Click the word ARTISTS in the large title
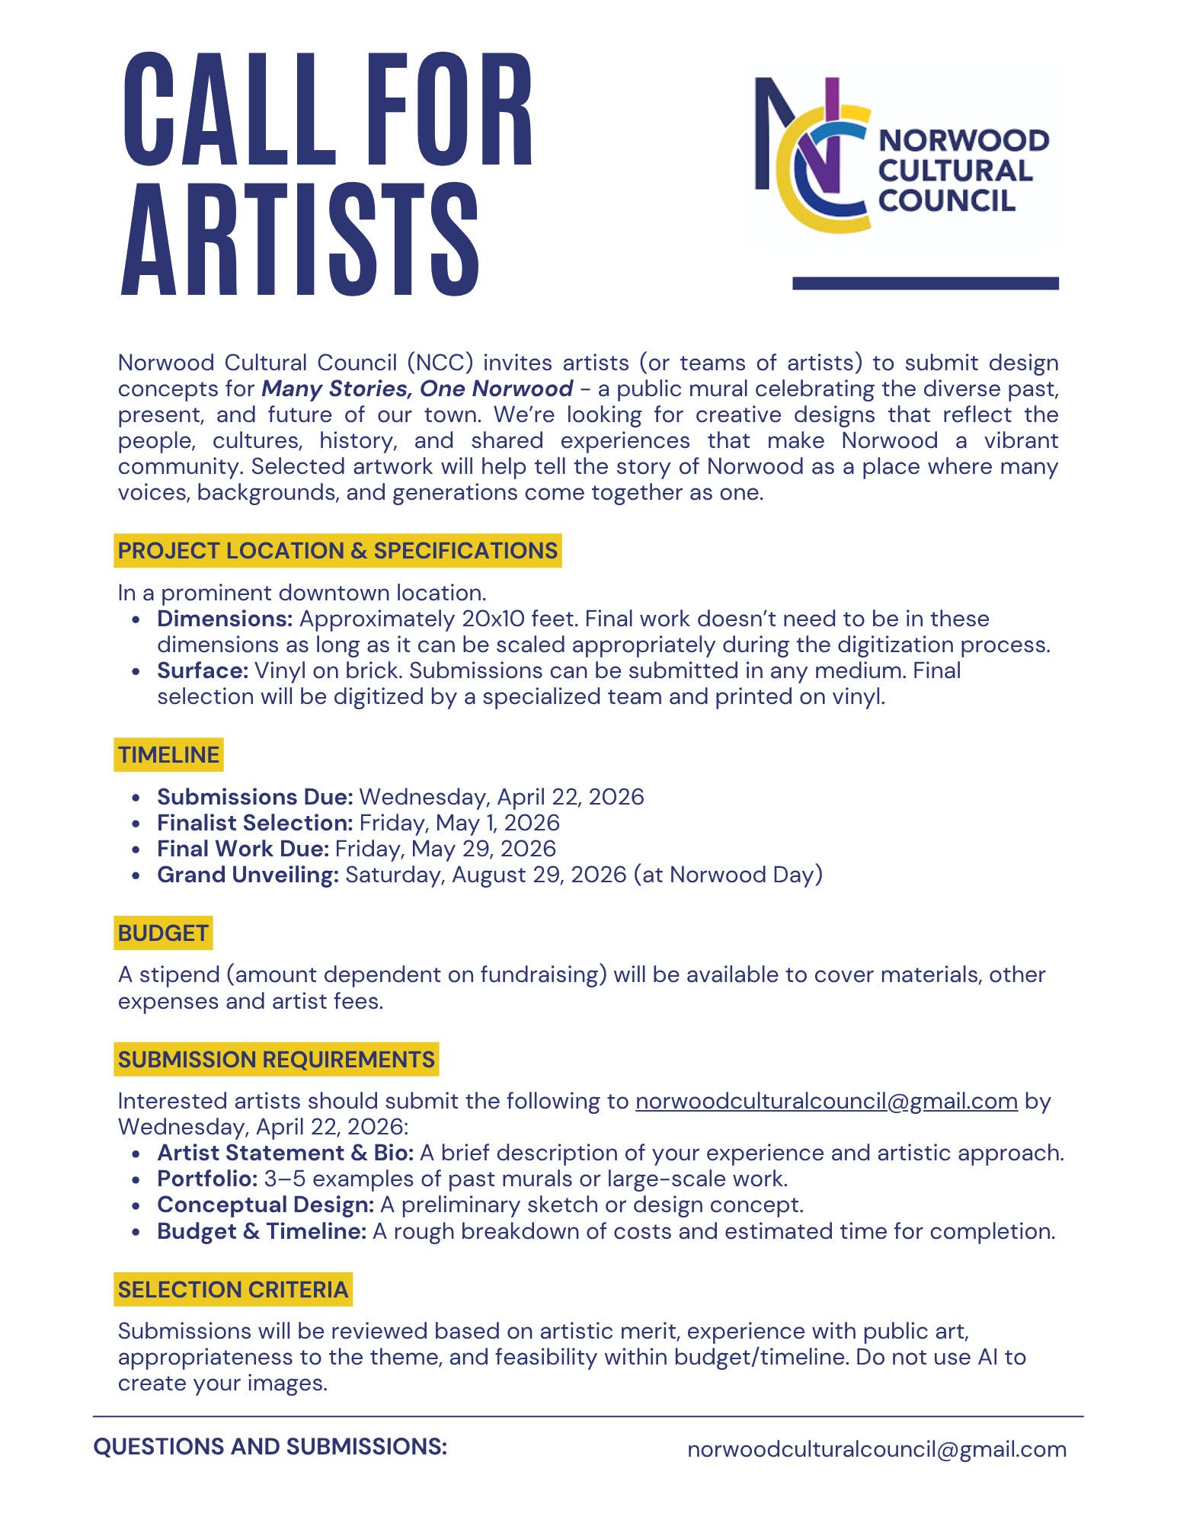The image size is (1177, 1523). pyautogui.click(x=300, y=239)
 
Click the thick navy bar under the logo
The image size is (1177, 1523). pyautogui.click(x=925, y=283)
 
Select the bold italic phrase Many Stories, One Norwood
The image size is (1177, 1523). pyautogui.click(x=417, y=389)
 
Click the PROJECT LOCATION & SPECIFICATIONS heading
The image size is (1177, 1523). pyautogui.click(x=337, y=551)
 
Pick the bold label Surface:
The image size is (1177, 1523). pyautogui.click(x=203, y=670)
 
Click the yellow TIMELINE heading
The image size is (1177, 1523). pyautogui.click(x=168, y=755)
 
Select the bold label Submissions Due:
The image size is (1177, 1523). pyautogui.click(x=254, y=797)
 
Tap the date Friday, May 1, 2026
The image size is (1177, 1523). pyautogui.click(x=459, y=823)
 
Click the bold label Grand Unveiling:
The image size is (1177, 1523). pyautogui.click(x=248, y=875)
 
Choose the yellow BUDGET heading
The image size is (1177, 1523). pyautogui.click(x=163, y=933)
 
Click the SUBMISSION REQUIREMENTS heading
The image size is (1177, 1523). pyautogui.click(x=276, y=1060)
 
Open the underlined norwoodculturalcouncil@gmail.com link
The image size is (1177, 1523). pyautogui.click(x=826, y=1101)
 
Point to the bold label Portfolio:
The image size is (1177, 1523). pyautogui.click(x=207, y=1179)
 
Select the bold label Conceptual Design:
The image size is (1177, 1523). pyautogui.click(x=265, y=1205)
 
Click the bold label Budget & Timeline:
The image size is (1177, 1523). pyautogui.click(x=261, y=1231)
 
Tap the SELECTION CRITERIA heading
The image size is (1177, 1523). pyautogui.click(x=232, y=1290)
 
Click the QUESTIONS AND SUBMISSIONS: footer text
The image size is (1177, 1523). pyautogui.click(x=270, y=1447)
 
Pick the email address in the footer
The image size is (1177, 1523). pyautogui.click(x=876, y=1449)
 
